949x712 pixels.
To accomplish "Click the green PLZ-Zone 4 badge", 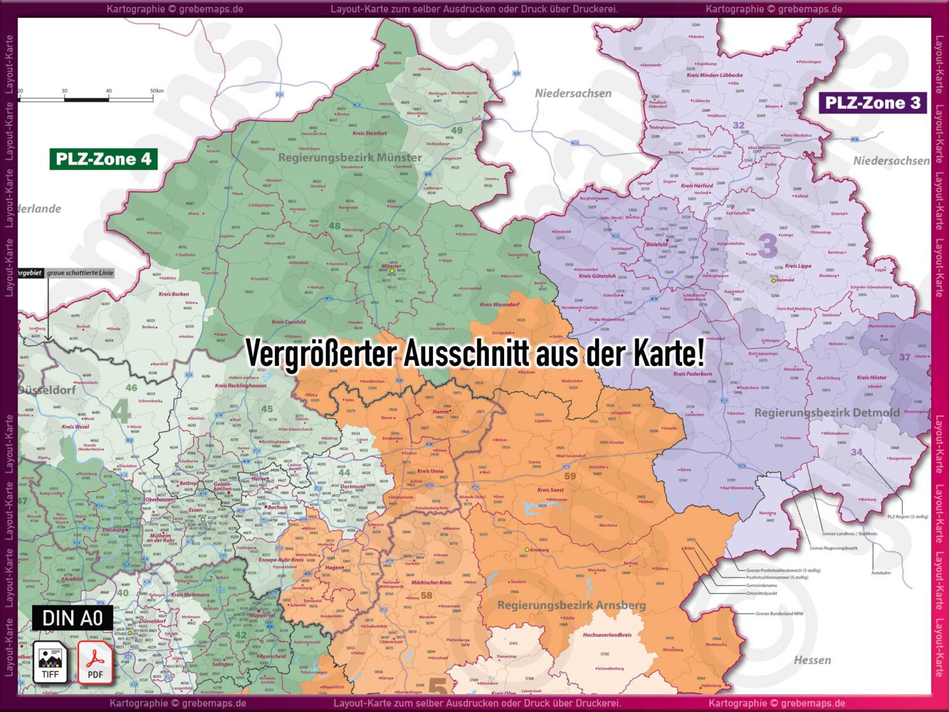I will [x=103, y=159].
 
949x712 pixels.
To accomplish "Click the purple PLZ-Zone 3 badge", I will [x=872, y=103].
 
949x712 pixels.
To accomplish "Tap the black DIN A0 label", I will [x=72, y=617].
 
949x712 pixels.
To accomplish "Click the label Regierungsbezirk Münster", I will [x=350, y=158].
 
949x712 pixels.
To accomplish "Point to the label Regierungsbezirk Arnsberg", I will [x=572, y=605].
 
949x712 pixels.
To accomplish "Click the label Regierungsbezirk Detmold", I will [x=826, y=412].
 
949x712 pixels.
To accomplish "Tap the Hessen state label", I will [x=812, y=660].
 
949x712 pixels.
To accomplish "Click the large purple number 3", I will [x=767, y=246].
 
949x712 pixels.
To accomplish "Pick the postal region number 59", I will [x=570, y=476].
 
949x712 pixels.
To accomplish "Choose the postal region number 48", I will [x=334, y=226].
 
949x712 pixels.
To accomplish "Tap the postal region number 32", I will [x=738, y=125].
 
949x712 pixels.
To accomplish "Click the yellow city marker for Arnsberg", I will [x=527, y=549].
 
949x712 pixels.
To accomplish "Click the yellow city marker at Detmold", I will [x=773, y=281].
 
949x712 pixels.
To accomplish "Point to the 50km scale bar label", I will [x=156, y=91].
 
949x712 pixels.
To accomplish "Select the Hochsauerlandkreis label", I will [x=607, y=635].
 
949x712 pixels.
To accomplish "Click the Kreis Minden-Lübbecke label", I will [x=714, y=75].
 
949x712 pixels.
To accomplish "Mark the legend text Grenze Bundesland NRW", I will [x=779, y=614].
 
